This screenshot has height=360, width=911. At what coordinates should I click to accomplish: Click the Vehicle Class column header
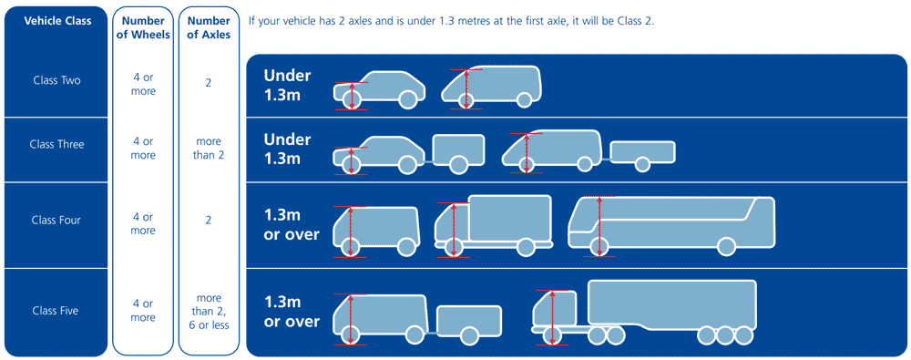[x=57, y=20]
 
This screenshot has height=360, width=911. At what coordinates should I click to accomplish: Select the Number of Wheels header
[x=142, y=27]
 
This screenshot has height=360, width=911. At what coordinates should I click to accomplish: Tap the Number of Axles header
[x=209, y=27]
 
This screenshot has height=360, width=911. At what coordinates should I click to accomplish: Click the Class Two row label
[x=56, y=80]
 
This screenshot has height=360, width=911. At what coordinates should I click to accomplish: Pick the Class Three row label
[x=56, y=144]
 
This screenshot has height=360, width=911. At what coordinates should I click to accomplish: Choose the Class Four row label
[x=56, y=220]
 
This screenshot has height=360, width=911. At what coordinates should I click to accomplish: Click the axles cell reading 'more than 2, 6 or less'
[x=209, y=311]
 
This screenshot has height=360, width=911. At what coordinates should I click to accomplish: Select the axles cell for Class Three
[x=209, y=149]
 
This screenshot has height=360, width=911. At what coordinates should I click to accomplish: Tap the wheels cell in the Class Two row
[x=142, y=85]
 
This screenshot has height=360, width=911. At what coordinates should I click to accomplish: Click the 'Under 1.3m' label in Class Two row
[x=287, y=85]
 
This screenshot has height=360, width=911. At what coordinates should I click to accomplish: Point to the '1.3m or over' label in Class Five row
[x=292, y=312]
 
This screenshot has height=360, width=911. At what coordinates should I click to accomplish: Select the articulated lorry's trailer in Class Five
[x=672, y=305]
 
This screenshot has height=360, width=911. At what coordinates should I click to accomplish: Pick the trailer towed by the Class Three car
[x=459, y=151]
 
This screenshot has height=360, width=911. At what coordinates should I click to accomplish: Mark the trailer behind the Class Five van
[x=469, y=321]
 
